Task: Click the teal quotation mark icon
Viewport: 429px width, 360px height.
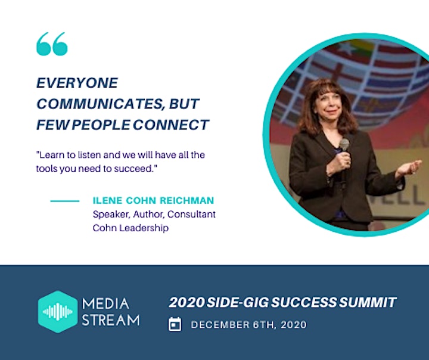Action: [52, 44]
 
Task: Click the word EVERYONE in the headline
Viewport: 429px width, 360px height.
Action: [77, 83]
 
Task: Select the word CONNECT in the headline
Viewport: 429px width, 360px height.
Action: [171, 125]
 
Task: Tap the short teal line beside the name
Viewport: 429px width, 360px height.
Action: [65, 201]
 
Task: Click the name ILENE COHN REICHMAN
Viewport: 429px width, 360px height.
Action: [153, 200]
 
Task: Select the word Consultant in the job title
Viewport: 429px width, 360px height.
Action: [191, 214]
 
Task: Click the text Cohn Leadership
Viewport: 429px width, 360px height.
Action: [130, 228]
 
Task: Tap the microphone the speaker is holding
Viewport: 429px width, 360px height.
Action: [344, 149]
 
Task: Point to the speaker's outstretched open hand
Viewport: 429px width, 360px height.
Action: [408, 168]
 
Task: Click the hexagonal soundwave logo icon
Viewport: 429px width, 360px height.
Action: [58, 312]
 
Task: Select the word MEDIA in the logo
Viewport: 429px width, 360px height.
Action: [105, 304]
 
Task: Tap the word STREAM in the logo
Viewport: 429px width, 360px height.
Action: [111, 320]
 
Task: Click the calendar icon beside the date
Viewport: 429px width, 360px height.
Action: [175, 324]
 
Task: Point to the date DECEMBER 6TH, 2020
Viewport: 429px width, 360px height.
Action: [248, 325]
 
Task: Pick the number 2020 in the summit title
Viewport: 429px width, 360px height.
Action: [186, 302]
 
